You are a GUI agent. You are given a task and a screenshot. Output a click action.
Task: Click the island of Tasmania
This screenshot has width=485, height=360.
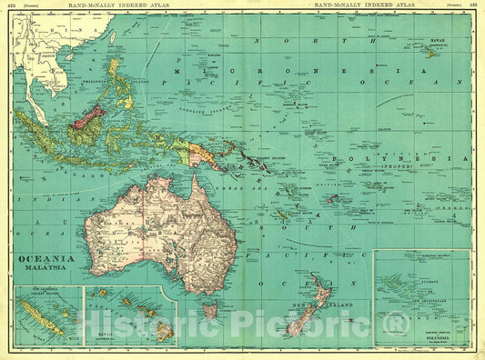tap(211, 311)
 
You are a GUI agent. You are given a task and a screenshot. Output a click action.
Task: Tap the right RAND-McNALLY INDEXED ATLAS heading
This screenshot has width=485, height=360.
tap(363, 5)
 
